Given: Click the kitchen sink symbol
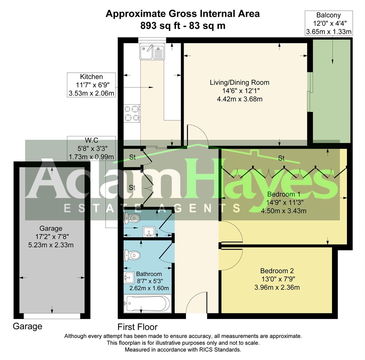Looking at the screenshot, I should point(152,52).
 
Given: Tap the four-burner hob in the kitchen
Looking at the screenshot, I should point(132,113).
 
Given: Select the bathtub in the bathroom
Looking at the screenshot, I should point(147,304).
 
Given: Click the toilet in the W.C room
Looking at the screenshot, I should point(131,219).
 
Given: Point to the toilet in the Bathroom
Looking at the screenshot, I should point(131,256).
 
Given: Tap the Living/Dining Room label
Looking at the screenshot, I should point(239,82).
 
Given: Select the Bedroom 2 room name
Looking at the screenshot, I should point(277,271).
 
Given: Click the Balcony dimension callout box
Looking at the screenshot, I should point(329,23).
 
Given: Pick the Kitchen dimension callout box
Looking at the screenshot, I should point(91,85).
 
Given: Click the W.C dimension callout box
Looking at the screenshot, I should point(91,148).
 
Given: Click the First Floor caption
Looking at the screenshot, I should point(137,327).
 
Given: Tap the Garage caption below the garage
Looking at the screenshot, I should point(27,326).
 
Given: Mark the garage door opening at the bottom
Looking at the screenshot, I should point(52,316).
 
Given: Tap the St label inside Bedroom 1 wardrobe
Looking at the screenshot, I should point(281,158).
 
